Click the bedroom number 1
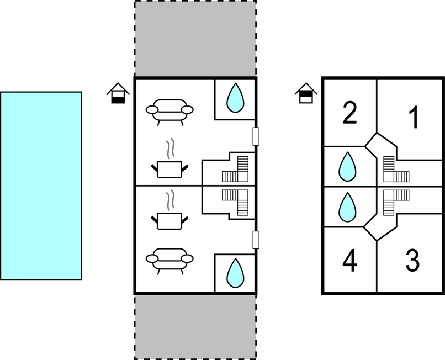tap(414, 118)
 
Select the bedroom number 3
tap(412, 261)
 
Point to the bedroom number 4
tap(349, 261)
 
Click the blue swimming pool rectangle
tap(41, 186)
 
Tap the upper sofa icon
tap(169, 109)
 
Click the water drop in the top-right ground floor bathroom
tap(236, 98)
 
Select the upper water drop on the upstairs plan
tap(347, 167)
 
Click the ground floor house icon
tap(118, 93)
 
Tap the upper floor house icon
tap(305, 93)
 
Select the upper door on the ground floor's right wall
tap(256, 136)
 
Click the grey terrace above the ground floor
tap(195, 39)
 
